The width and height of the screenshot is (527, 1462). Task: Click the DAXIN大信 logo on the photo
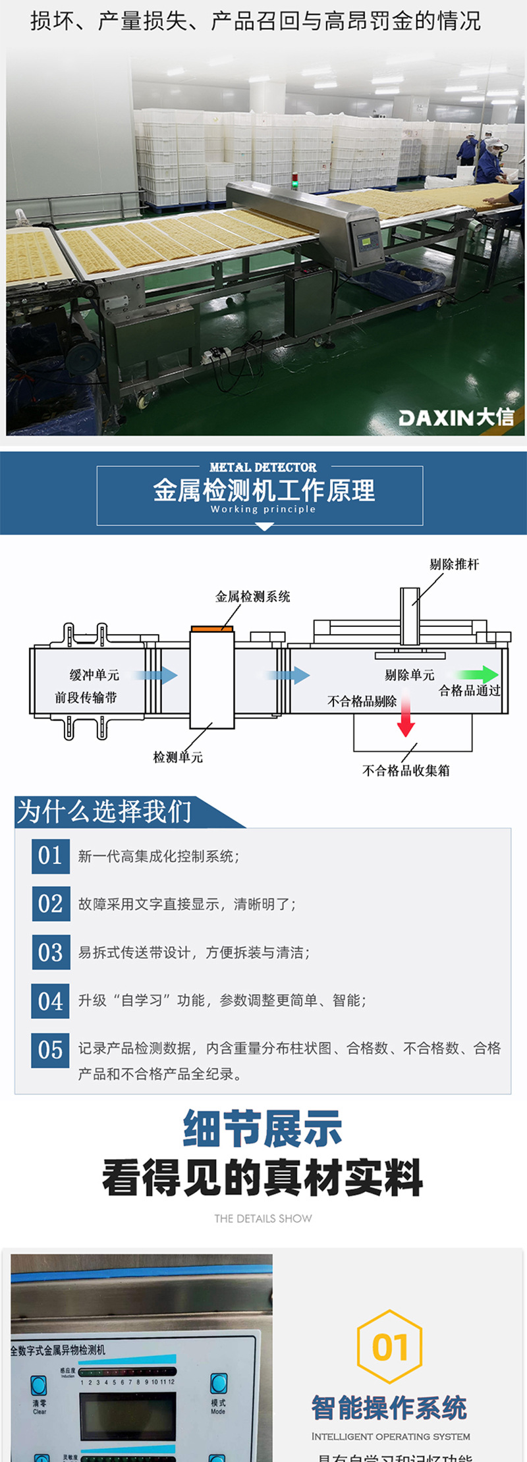coord(456,417)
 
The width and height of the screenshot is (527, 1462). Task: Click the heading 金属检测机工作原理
coord(263,491)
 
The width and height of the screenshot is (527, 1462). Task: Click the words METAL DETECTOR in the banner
coord(263,467)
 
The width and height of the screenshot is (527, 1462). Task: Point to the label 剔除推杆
coord(454,564)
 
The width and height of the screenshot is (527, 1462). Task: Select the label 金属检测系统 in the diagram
coord(252,597)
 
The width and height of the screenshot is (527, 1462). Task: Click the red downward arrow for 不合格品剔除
coord(406,717)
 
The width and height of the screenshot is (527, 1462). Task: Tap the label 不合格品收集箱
coord(406,771)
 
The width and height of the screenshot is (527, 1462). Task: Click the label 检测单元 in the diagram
coord(178,757)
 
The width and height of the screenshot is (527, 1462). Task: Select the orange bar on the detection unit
coord(212,629)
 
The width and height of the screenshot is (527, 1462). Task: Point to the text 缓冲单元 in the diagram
coord(94,675)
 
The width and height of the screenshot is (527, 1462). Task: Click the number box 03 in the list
coord(50,952)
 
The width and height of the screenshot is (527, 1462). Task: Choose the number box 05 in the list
coord(50,1050)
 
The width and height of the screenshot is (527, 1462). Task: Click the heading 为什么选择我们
coord(104,812)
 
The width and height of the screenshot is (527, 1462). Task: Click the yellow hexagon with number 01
coord(389,1347)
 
